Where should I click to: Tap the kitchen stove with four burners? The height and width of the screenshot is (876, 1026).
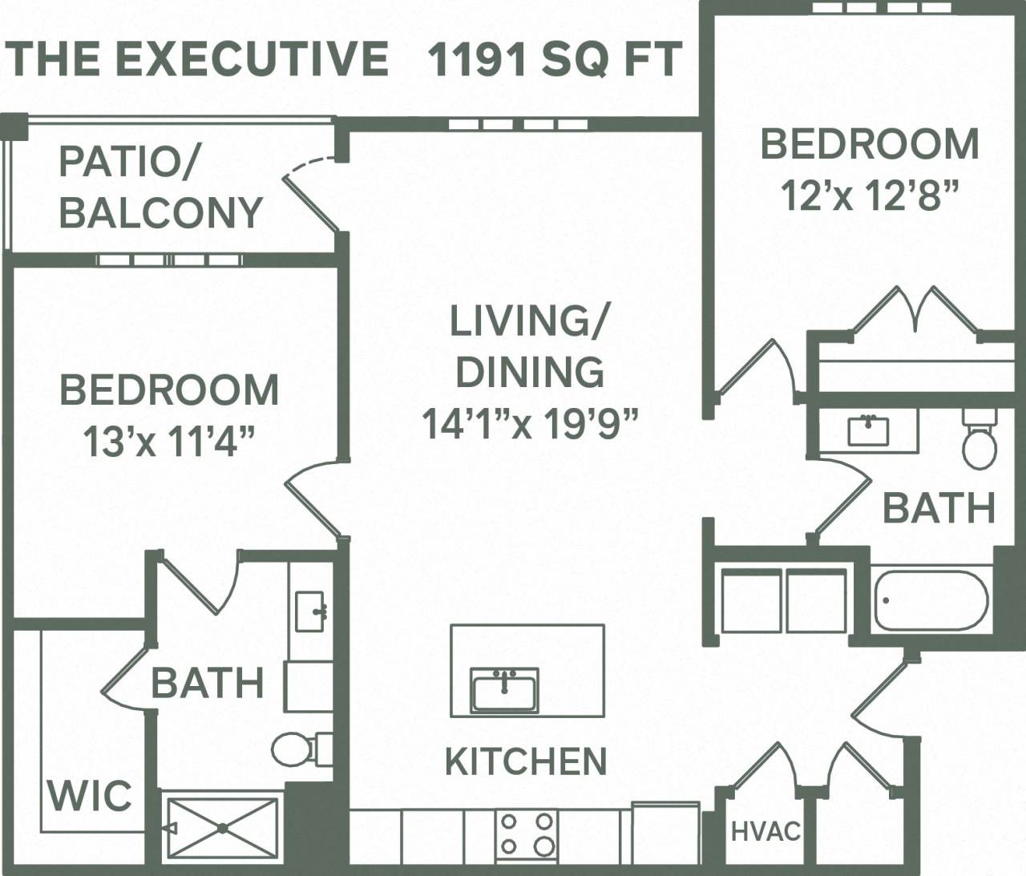[527, 834]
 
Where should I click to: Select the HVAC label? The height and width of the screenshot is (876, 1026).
[765, 832]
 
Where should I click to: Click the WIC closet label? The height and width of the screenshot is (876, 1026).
[90, 796]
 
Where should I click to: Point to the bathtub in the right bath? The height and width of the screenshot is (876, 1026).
[931, 600]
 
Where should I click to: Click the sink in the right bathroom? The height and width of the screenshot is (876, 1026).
[868, 430]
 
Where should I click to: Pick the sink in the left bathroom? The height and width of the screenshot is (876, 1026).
[309, 612]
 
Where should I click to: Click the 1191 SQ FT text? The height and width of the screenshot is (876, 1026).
[555, 59]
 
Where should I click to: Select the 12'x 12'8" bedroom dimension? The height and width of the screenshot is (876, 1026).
[870, 195]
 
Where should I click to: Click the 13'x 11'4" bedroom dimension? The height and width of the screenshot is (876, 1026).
[169, 441]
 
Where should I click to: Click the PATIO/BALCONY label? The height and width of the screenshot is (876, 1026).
[160, 188]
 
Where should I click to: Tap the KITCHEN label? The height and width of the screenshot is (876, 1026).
[526, 761]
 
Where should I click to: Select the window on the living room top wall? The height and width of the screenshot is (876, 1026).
[518, 124]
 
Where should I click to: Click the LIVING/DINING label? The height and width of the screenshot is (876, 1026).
[529, 346]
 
